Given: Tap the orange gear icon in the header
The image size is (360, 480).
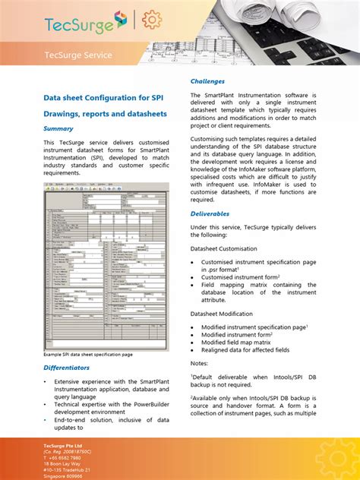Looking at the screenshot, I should tap(152, 21).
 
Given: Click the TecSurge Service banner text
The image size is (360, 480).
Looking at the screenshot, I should tap(77, 55).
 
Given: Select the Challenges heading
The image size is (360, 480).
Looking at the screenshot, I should tap(208, 81).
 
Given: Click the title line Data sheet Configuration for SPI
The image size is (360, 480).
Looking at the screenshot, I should tap(103, 97).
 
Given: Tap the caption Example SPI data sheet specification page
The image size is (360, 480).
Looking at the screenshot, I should tap(88, 354).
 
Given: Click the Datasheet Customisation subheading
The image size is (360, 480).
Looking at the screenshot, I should tap(223, 248).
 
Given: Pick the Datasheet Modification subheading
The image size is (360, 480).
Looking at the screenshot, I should tap(223, 314).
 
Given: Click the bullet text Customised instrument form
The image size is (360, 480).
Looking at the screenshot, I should tap(240, 278).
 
